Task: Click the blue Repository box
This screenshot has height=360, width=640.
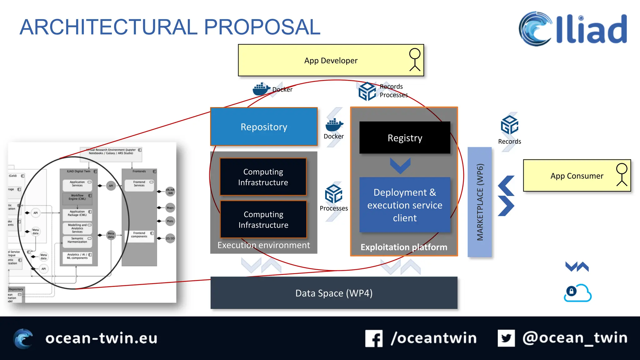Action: pos(264,127)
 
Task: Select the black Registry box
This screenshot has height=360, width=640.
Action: pos(405,137)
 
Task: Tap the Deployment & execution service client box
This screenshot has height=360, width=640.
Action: pos(405,205)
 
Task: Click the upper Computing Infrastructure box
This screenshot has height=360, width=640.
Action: pos(263,177)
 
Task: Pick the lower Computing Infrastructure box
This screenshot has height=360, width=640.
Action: pos(263,219)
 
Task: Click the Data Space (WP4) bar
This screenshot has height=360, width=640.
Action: pos(334,293)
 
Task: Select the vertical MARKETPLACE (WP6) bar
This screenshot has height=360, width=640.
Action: pos(480,202)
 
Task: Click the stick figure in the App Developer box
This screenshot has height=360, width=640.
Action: pos(415,60)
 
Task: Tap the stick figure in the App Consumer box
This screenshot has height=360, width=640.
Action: pos(622,175)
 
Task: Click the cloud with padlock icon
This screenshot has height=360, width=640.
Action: pos(577,293)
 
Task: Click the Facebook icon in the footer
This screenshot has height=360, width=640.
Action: pos(374,338)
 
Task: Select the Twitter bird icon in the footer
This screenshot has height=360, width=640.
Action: pos(506,338)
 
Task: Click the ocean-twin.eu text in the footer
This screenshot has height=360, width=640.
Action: pos(101,338)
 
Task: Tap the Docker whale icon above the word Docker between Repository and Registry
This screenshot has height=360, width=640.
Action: pos(334,125)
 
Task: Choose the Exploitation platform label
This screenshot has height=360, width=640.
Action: pos(404,247)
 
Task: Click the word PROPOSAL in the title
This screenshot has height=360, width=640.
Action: pos(262,27)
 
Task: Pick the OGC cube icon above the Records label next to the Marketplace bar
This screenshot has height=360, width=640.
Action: pos(509,125)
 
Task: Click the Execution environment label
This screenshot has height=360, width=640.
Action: pos(264,245)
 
